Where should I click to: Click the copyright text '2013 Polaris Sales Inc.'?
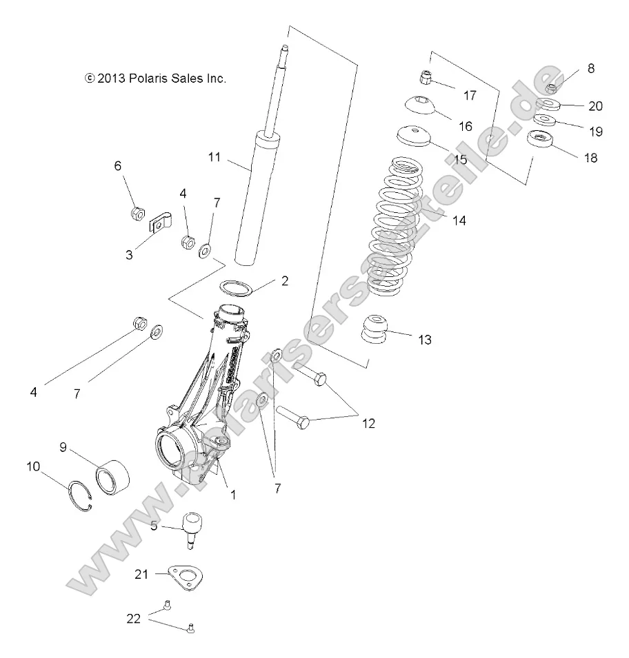(155, 79)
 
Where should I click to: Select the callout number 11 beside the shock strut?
(214, 157)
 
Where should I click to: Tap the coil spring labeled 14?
(397, 227)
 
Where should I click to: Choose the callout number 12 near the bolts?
(368, 423)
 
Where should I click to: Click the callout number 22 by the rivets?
(133, 618)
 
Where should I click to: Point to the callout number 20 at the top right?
(595, 106)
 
